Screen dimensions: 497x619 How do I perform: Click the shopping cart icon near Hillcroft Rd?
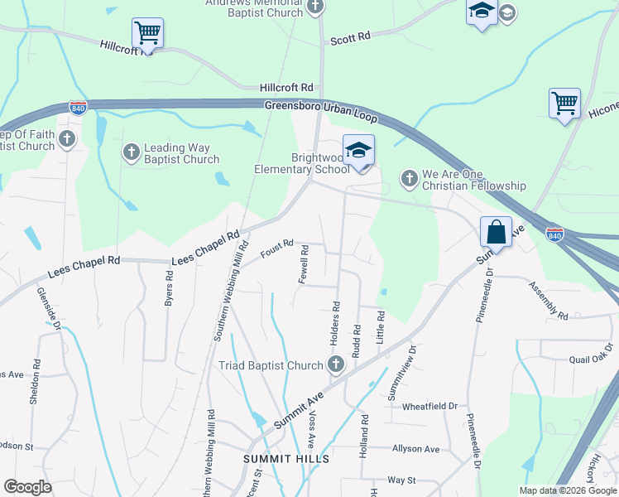pyautogui.click(x=147, y=34)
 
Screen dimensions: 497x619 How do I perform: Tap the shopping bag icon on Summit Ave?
pyautogui.click(x=496, y=231)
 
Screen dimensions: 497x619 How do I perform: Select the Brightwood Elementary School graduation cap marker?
pyautogui.click(x=358, y=151)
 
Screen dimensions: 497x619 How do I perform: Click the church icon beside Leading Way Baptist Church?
pyautogui.click(x=131, y=152)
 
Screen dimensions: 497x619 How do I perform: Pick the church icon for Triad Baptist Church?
pyautogui.click(x=336, y=364)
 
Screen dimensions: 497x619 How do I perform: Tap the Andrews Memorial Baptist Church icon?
pyautogui.click(x=314, y=7)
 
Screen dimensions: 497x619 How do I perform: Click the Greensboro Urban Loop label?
pyautogui.click(x=320, y=110)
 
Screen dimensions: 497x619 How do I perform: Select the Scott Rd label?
pyautogui.click(x=350, y=38)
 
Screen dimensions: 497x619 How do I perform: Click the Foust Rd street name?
pyautogui.click(x=276, y=248)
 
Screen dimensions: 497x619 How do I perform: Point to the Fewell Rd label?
pyautogui.click(x=304, y=264)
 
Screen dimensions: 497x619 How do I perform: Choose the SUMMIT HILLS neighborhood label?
pyautogui.click(x=286, y=459)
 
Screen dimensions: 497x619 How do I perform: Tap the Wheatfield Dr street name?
pyautogui.click(x=429, y=407)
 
